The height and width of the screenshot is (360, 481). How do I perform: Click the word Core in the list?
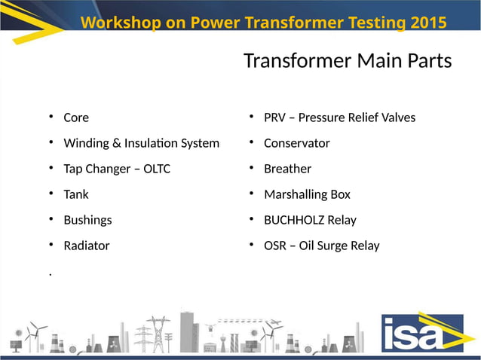(76, 117)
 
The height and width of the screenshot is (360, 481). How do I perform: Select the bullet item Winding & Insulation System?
(141, 143)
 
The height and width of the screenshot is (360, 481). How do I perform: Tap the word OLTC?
(155, 169)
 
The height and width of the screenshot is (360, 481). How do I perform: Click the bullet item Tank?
(76, 194)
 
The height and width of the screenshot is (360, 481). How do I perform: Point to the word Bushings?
(87, 220)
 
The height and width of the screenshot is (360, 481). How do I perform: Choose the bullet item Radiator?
(87, 246)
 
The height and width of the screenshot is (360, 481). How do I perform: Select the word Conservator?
(296, 143)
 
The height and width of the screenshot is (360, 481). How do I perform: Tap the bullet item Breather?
(287, 169)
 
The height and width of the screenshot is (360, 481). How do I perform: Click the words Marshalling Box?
(307, 194)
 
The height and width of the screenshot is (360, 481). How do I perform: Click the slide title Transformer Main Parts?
(348, 61)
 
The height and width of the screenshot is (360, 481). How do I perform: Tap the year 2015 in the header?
(429, 23)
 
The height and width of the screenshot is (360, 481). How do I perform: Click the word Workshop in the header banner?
(121, 23)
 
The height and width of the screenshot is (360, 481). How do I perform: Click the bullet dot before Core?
(51, 117)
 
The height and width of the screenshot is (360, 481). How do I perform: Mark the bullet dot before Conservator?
(251, 142)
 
